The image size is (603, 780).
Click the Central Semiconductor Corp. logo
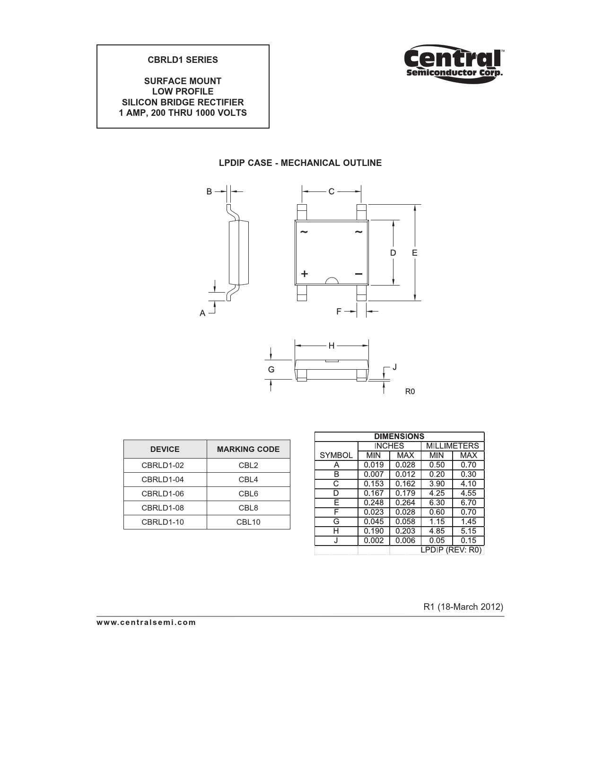[x=454, y=64]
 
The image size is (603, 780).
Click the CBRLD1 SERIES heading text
[x=183, y=60]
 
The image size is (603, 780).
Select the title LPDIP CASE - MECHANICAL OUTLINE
[x=300, y=163]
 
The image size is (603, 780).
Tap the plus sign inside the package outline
[x=305, y=274]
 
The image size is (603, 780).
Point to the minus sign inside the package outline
[x=358, y=274]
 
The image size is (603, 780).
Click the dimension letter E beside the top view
[x=415, y=253]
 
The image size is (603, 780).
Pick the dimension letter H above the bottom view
[x=332, y=346]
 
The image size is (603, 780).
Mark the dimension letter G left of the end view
[x=271, y=369]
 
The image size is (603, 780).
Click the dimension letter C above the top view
[x=332, y=191]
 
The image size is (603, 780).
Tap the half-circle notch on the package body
[x=332, y=281]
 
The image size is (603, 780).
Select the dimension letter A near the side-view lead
[x=202, y=313]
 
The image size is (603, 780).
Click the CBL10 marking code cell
[x=248, y=522]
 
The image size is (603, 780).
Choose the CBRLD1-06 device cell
[x=163, y=494]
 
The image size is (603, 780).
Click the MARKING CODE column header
[x=248, y=449]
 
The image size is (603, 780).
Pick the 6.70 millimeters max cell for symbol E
[x=468, y=503]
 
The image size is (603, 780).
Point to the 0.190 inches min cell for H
[x=374, y=531]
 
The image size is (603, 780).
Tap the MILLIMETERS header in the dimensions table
[x=452, y=446]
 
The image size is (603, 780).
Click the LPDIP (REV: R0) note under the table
[x=451, y=550]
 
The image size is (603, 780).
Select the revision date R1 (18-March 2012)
[x=463, y=607]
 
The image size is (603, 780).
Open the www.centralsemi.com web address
[x=146, y=622]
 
